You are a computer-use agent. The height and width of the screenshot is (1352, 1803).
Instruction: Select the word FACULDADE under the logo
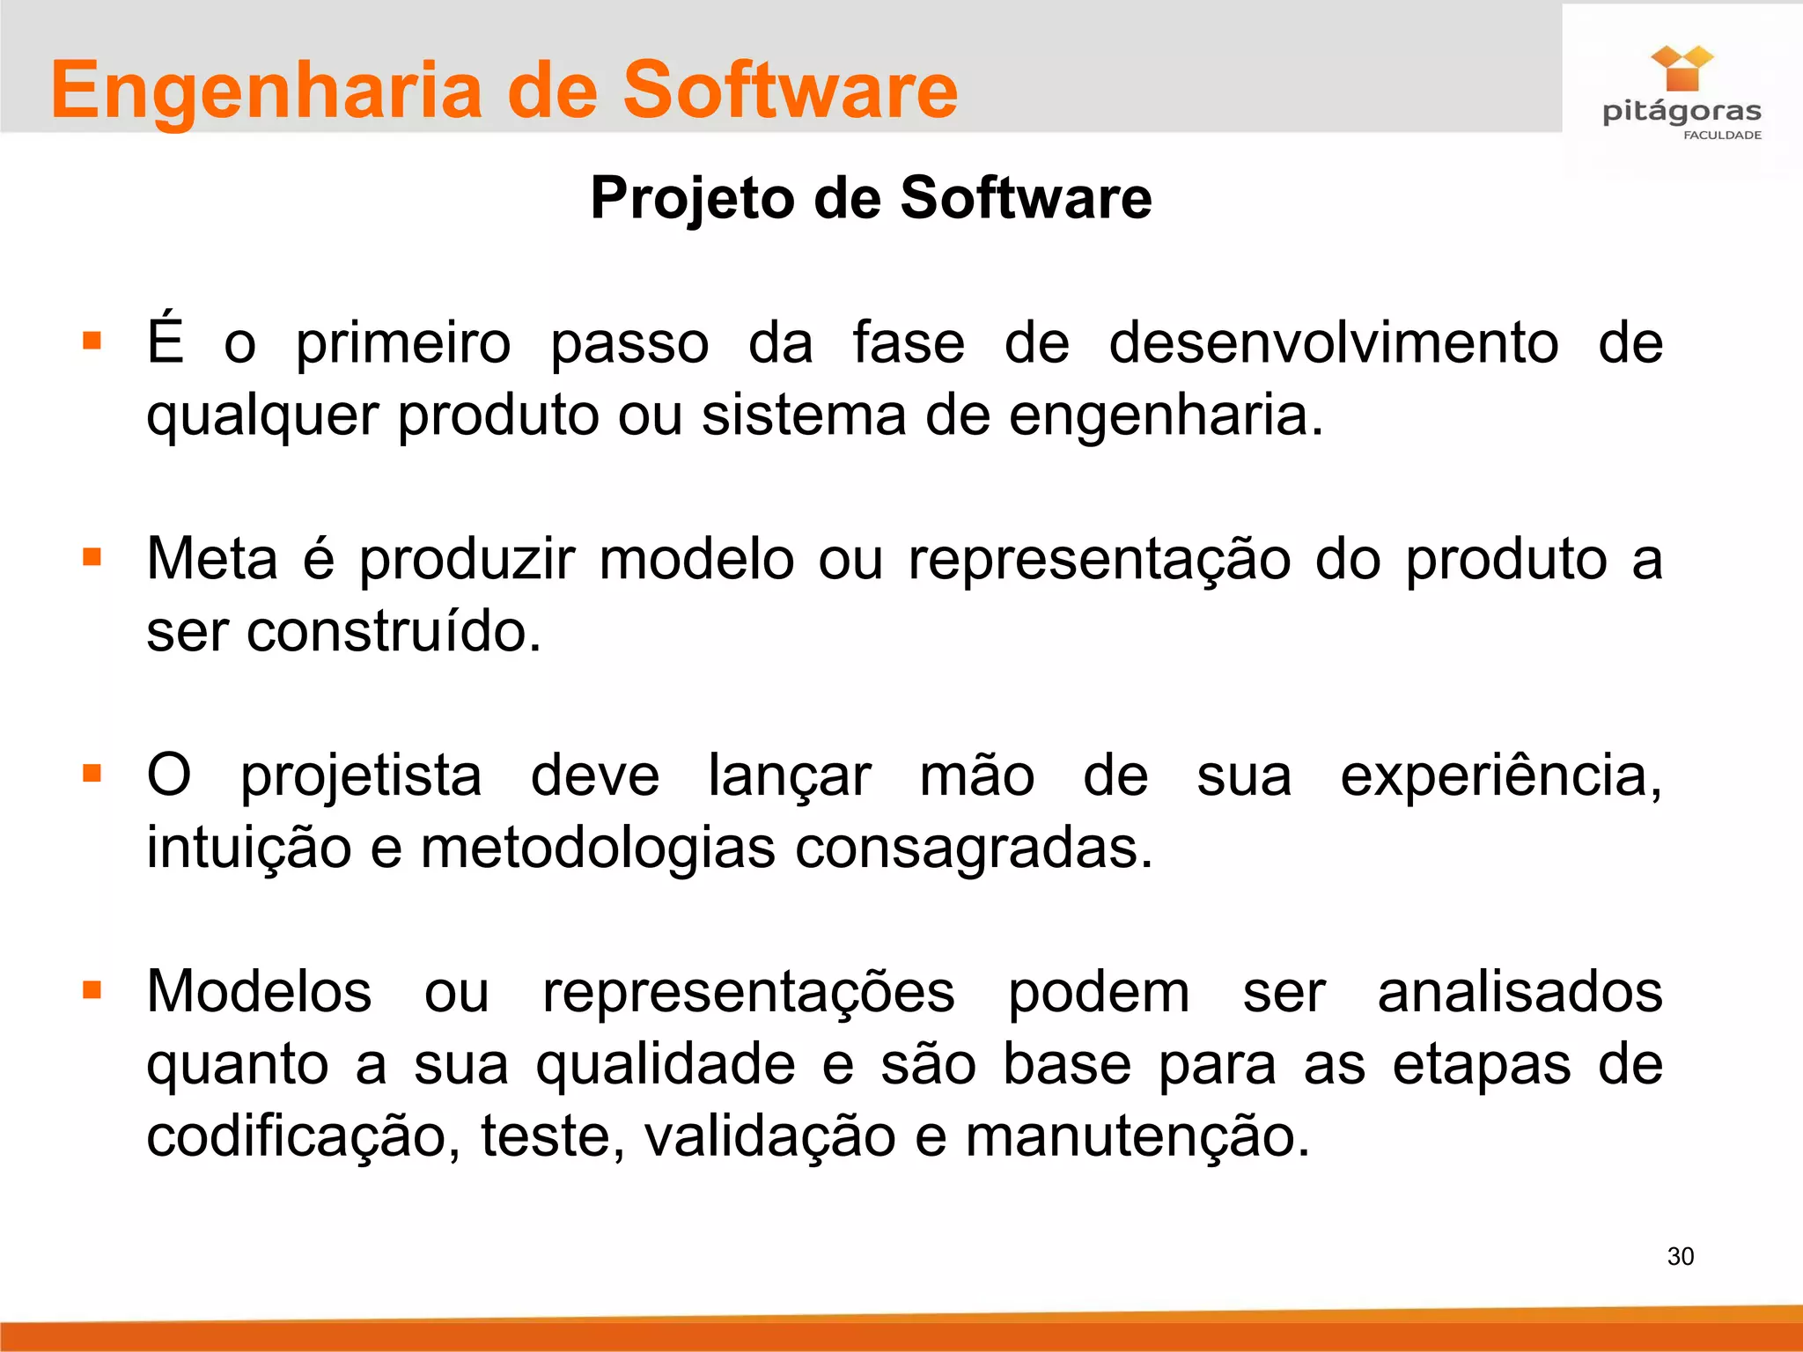[x=1722, y=136]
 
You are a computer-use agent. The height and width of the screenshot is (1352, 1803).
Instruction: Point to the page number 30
[x=1680, y=1256]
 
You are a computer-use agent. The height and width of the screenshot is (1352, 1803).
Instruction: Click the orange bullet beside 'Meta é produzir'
[x=92, y=557]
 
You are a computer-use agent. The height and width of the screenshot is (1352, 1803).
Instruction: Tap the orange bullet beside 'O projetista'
[x=92, y=774]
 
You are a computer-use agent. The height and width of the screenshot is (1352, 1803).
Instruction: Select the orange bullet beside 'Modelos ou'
[x=92, y=990]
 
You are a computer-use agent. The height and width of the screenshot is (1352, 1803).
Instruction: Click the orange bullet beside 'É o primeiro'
[x=92, y=341]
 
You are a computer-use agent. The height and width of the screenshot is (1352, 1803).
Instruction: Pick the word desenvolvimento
[x=1333, y=342]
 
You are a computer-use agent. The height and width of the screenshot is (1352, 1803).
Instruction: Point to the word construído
[x=394, y=632]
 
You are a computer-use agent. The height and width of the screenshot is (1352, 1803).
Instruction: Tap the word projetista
[x=361, y=777]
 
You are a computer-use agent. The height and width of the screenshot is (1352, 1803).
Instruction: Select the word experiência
[x=1500, y=775]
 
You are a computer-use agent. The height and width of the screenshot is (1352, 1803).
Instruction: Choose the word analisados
[x=1520, y=992]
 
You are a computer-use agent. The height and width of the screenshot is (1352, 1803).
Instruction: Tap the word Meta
[x=212, y=559]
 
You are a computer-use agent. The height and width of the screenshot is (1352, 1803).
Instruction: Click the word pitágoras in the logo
[x=1682, y=113]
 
